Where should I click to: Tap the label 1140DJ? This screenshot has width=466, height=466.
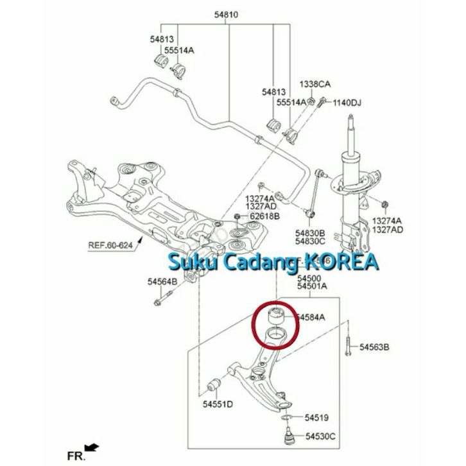[x=347, y=102]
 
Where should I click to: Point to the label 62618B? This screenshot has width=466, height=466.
[x=265, y=216]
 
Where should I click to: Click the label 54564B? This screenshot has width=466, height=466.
[x=162, y=280]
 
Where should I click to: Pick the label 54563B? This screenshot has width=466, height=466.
[x=374, y=347]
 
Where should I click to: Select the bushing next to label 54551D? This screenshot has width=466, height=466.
[x=216, y=384]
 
